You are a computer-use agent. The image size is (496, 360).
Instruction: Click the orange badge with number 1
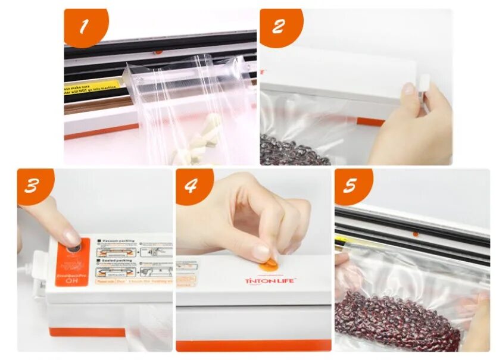[85, 26]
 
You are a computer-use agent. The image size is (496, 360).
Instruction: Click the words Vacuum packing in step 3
[119, 242]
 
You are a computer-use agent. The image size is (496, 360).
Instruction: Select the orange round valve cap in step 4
[271, 262]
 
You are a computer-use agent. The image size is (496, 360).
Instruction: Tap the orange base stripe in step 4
[253, 345]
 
